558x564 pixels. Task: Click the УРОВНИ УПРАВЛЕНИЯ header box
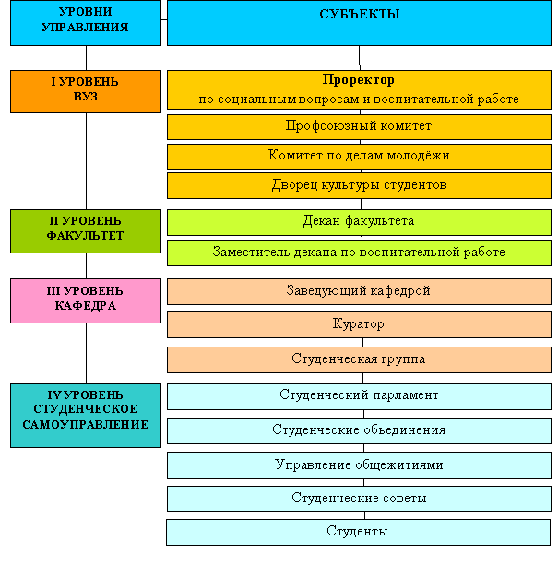point(86,23)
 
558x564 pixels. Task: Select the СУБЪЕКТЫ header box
point(359,23)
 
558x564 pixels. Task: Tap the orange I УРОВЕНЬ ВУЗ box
point(86,91)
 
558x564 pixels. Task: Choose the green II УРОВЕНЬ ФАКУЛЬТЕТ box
point(86,231)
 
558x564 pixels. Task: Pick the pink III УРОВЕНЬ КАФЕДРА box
point(86,300)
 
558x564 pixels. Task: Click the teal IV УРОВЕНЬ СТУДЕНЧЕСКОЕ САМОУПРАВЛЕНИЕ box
point(86,416)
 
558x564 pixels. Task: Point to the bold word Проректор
point(358,80)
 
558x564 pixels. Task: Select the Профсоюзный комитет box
point(359,127)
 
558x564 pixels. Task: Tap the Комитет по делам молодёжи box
point(359,157)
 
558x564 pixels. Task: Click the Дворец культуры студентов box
point(359,185)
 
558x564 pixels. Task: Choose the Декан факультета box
point(359,222)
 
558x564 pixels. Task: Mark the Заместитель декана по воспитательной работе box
point(359,253)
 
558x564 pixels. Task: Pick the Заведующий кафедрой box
point(359,291)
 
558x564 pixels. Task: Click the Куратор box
point(359,324)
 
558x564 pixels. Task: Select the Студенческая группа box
point(359,359)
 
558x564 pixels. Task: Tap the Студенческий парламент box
point(359,396)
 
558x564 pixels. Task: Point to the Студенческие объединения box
point(359,431)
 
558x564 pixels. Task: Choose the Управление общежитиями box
point(359,465)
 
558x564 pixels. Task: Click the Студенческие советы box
point(359,499)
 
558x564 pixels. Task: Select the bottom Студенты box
point(358,532)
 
